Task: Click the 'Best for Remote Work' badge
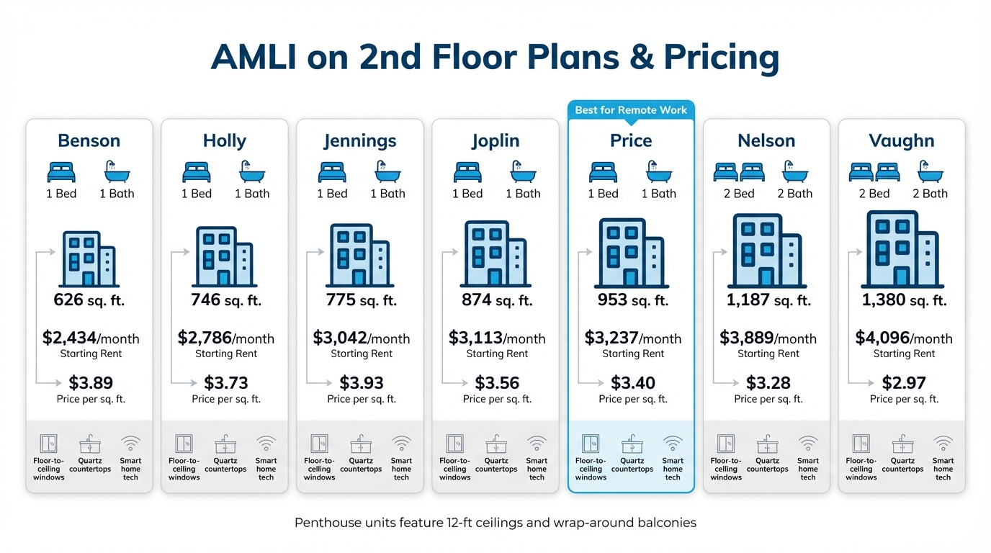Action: click(631, 110)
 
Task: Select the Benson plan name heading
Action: click(89, 140)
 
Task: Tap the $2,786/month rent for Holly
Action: click(225, 338)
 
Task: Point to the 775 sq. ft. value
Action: click(361, 300)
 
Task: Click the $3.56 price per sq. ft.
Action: click(497, 383)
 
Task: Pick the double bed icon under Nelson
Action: click(739, 172)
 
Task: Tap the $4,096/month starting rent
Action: click(903, 338)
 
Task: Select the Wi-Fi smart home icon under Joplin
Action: click(537, 444)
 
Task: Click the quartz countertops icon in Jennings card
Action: click(361, 444)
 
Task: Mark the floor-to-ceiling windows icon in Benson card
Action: click(49, 444)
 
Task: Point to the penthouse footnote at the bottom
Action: click(495, 523)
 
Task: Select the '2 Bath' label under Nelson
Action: click(795, 194)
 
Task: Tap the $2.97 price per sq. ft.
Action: click(903, 383)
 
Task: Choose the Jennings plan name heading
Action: click(360, 140)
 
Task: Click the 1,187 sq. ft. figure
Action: click(767, 300)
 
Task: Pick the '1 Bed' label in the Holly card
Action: click(197, 194)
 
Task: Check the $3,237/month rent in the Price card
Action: click(632, 338)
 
